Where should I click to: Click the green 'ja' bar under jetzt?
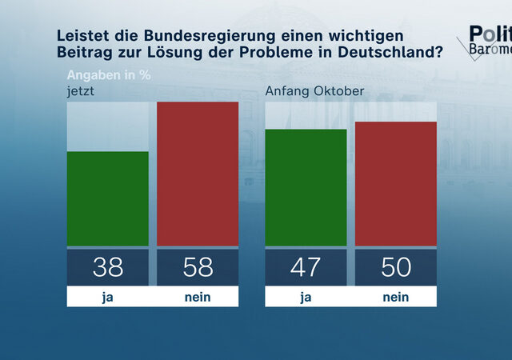[107, 198]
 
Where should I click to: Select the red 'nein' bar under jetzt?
[197, 174]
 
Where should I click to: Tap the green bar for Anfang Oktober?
[306, 187]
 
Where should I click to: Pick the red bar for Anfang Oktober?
[395, 183]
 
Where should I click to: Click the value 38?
[107, 266]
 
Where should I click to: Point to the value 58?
[197, 266]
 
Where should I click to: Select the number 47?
[306, 266]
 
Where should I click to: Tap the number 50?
[395, 266]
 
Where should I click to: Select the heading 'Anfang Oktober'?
[314, 90]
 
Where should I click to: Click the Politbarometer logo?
[484, 40]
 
